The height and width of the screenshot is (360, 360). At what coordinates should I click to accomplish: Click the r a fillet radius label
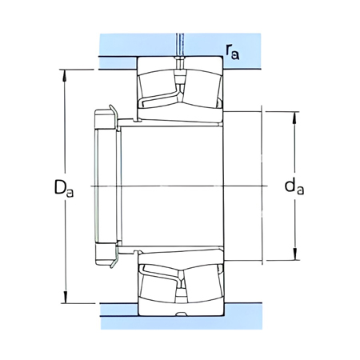233,54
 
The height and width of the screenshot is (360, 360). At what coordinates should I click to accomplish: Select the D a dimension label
65,189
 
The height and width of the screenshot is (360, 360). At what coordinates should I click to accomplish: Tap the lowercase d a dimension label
294,188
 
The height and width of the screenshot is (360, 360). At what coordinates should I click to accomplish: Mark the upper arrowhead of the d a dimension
296,115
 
